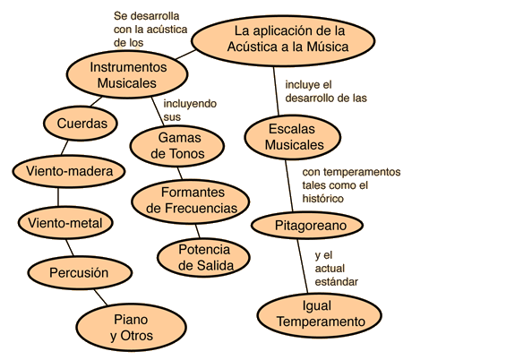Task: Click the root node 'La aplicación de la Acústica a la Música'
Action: pos(283,40)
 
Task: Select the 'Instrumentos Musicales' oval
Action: pos(127,74)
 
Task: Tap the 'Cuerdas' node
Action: pos(81,124)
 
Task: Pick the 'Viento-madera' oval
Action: pos(69,171)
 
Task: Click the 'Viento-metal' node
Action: pos(65,223)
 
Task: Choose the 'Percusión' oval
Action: pos(80,273)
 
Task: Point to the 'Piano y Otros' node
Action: pos(132,328)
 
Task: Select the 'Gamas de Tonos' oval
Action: pos(177,146)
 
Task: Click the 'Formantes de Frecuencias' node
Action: pos(191,201)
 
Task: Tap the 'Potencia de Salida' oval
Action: pos(204,257)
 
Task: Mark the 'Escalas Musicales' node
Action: pos(293,137)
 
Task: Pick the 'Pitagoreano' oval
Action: pos(307,226)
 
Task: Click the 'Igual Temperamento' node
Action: pos(320,315)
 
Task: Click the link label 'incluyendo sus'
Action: pos(190,110)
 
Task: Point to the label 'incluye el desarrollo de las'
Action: pos(326,91)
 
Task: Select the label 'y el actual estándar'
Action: pos(336,269)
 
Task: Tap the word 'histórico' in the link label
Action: pos(323,199)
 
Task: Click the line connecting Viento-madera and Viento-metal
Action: pos(58,197)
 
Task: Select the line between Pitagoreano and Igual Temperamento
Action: pos(303,266)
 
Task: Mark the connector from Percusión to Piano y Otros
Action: pos(101,297)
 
